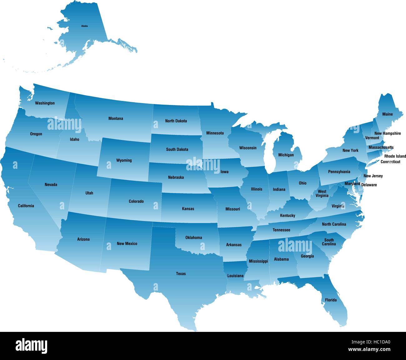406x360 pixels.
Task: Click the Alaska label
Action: (x=84, y=26)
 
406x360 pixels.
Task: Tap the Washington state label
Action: (x=45, y=103)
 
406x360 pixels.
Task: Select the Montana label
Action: (x=116, y=118)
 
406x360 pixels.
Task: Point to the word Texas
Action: (x=181, y=274)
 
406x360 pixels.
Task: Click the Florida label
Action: (x=331, y=300)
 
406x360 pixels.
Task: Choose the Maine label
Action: (x=388, y=114)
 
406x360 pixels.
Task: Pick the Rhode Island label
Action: (x=395, y=156)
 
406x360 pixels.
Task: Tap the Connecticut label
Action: (x=390, y=162)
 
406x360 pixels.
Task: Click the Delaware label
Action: (x=369, y=185)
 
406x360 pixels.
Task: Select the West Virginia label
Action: (x=322, y=193)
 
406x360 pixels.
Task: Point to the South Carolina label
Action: (x=329, y=242)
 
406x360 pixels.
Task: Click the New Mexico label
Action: (x=127, y=243)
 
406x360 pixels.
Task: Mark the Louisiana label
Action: (x=235, y=276)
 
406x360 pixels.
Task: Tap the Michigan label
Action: (x=286, y=155)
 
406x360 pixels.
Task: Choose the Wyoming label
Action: (x=124, y=160)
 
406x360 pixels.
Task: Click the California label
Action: (x=26, y=206)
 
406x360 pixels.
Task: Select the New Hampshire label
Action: (x=388, y=133)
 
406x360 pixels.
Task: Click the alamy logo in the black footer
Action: (x=31, y=345)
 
